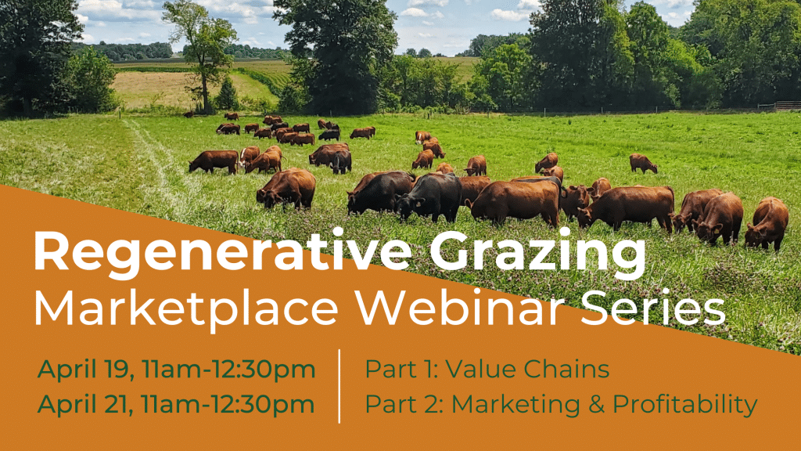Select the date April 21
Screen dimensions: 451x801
(81, 404)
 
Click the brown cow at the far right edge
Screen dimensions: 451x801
(767, 222)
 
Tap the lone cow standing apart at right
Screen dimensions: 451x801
(643, 163)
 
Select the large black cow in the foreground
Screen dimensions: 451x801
(430, 196)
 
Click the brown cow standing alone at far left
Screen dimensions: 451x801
(214, 161)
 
